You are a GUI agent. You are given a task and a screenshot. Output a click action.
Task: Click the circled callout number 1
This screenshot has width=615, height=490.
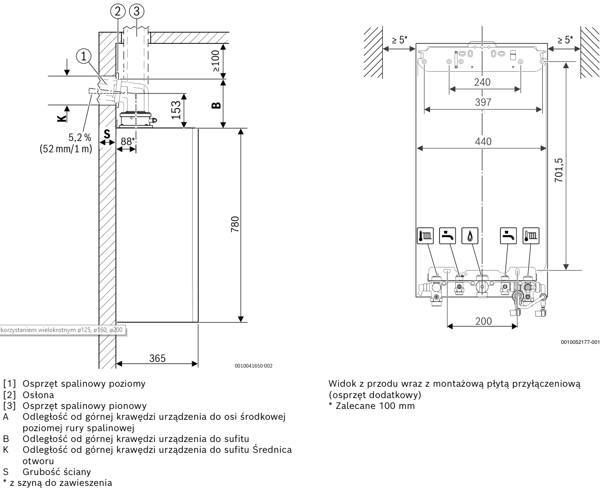84,56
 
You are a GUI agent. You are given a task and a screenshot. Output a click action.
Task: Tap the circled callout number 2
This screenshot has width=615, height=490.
118,11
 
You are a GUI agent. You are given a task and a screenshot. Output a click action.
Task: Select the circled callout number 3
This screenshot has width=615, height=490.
136,11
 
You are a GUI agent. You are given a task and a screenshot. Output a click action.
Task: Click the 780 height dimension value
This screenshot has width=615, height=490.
235,225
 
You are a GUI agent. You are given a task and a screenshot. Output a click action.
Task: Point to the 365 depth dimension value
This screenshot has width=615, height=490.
157,358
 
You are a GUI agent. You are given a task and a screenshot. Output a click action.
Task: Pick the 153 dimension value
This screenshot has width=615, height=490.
176,110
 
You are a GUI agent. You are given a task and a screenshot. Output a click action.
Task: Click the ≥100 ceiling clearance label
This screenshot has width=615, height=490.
216,61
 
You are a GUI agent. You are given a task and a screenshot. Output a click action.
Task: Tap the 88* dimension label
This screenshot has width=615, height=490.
128,141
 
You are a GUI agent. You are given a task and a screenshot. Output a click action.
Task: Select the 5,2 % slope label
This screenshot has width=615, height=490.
80,138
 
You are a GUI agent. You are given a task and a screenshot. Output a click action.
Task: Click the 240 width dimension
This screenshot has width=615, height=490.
482,82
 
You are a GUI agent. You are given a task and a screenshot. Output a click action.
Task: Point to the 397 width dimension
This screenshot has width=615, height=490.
483,102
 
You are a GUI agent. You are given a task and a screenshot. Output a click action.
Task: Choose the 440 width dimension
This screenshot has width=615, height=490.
483,141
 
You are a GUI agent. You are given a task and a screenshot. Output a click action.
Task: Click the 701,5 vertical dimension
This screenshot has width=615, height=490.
559,170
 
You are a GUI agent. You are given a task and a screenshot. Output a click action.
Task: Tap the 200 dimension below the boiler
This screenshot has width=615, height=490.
483,321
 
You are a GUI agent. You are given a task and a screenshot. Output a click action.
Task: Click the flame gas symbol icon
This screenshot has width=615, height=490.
470,236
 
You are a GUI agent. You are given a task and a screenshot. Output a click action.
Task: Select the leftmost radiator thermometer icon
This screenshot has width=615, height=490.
425,236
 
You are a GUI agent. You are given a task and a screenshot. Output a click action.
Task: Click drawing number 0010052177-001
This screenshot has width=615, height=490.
580,342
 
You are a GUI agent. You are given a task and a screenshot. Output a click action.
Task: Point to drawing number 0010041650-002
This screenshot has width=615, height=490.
254,366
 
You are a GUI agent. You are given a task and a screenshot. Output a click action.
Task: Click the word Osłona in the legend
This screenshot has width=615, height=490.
38,394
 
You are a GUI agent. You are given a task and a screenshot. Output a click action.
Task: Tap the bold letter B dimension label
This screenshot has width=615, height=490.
216,105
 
